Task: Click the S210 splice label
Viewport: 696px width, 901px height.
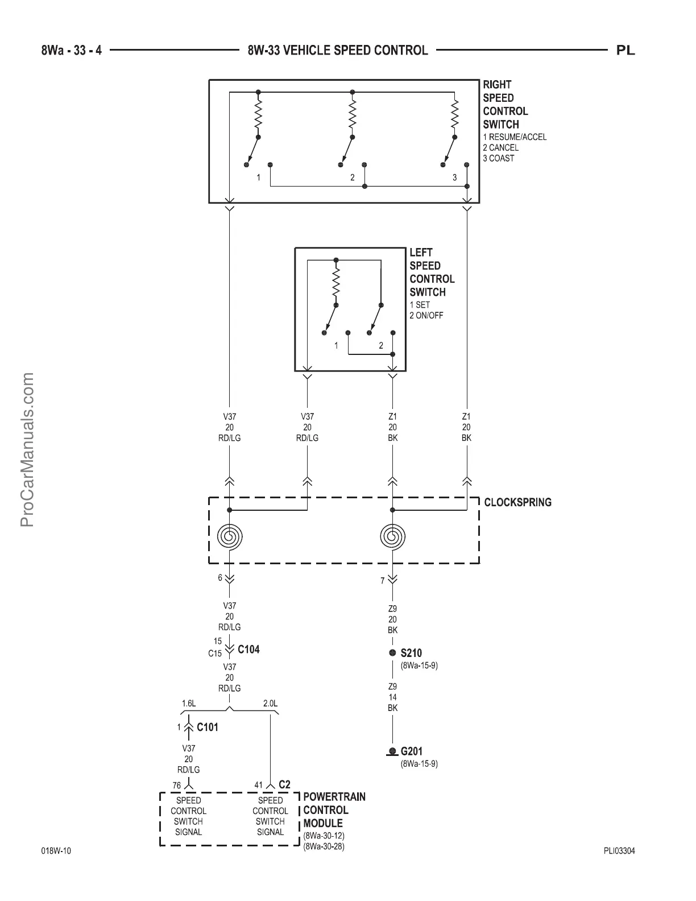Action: [411, 653]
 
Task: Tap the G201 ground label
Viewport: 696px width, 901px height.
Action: [411, 751]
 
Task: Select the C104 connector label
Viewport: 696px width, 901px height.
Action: [248, 650]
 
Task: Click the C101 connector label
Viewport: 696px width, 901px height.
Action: [207, 727]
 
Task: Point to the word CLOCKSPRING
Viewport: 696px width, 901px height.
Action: [517, 502]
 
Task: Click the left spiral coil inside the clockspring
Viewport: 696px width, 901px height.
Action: [230, 536]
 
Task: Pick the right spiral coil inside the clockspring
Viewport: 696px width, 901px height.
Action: [392, 536]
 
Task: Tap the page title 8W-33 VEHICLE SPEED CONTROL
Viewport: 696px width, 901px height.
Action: [338, 51]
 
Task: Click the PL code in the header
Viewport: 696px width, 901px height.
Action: [625, 51]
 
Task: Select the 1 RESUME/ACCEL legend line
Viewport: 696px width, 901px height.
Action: [515, 137]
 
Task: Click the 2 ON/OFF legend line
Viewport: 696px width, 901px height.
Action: [426, 315]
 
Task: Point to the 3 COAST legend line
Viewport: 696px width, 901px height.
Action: [498, 158]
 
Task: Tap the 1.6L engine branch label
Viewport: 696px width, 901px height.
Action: [189, 704]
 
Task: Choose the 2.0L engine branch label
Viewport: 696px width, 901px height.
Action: [270, 704]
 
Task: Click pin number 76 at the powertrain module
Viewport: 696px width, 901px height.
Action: [177, 786]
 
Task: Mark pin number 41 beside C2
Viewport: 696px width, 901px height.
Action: [259, 785]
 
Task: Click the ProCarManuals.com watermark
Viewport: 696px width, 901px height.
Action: [27, 449]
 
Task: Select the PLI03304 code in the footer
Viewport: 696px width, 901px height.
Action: [619, 852]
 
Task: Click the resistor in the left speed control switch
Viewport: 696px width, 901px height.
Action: [336, 283]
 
